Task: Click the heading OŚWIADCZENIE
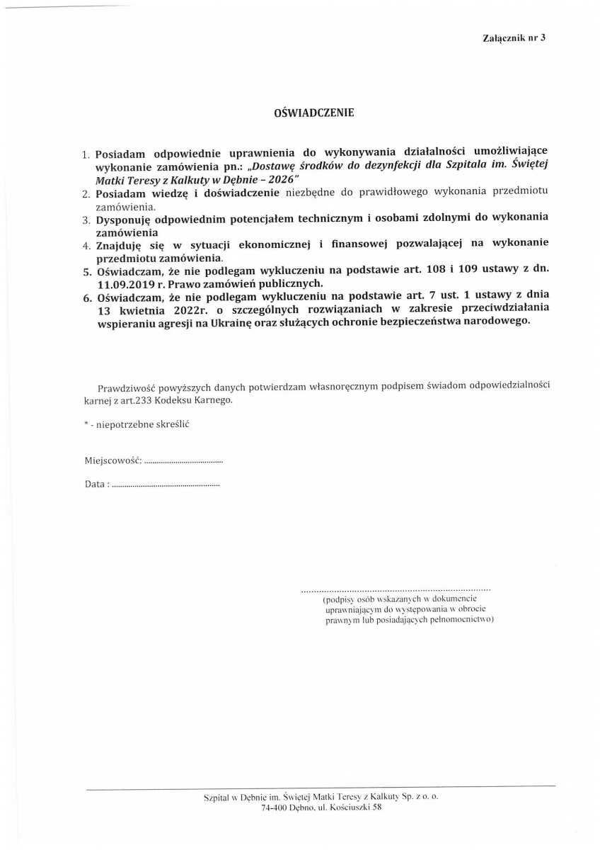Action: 313,113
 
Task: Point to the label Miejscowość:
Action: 112,460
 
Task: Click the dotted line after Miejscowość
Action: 183,462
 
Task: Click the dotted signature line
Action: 396,589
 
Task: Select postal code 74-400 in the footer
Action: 276,808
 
